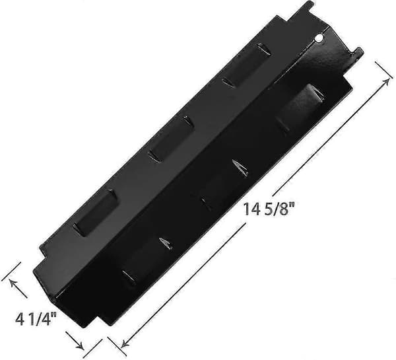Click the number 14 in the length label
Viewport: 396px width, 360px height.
pyautogui.click(x=252, y=209)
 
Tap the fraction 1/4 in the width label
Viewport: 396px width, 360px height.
pyautogui.click(x=40, y=319)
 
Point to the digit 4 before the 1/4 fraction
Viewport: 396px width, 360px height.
pyautogui.click(x=20, y=320)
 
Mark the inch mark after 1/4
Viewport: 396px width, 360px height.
pyautogui.click(x=53, y=315)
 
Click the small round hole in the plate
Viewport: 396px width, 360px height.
pyautogui.click(x=319, y=38)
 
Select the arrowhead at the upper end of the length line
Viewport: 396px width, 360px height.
pyautogui.click(x=386, y=82)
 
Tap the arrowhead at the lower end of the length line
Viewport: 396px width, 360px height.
pyautogui.click(x=125, y=343)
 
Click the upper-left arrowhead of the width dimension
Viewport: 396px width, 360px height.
pyautogui.click(x=13, y=282)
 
